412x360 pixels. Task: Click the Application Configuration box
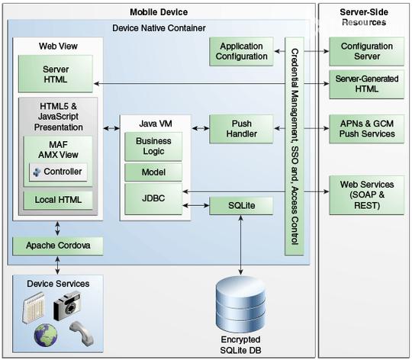(x=241, y=51)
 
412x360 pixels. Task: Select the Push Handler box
(x=241, y=129)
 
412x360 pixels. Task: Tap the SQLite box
(x=241, y=206)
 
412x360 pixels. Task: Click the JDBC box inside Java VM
(x=153, y=199)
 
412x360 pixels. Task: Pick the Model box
(x=153, y=172)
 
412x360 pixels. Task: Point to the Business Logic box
(x=153, y=146)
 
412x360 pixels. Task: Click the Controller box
(x=58, y=172)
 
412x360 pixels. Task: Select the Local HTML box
(x=58, y=200)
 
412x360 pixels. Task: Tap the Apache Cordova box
(x=58, y=246)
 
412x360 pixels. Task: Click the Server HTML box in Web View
(x=56, y=74)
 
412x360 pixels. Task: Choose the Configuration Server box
(x=367, y=51)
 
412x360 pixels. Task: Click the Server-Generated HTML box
(x=367, y=84)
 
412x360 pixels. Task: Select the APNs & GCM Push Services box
(x=367, y=129)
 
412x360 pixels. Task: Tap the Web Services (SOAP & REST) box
(x=367, y=195)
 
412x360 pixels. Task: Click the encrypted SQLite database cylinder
(x=240, y=304)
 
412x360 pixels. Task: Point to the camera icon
(x=67, y=305)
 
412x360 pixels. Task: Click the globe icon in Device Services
(x=46, y=335)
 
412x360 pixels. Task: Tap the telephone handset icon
(x=82, y=333)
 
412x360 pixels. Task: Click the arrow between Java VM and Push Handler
(x=201, y=128)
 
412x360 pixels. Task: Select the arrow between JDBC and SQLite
(x=196, y=205)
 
